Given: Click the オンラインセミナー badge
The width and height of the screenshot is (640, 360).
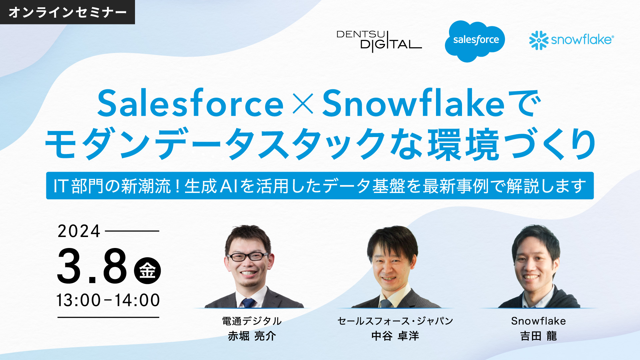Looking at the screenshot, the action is (67, 12).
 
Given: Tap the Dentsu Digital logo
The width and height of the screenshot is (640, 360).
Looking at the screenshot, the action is (379, 41).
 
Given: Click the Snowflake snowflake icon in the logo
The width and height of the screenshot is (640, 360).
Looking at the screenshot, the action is (539, 40).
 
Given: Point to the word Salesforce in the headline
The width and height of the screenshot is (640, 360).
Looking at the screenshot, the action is (190, 104).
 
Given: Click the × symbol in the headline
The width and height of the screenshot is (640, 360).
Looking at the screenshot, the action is (303, 104).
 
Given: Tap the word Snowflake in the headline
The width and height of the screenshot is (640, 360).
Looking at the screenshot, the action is (413, 103).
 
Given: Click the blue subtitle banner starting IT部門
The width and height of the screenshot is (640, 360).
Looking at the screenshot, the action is (320, 186).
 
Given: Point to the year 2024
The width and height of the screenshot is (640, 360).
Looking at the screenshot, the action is (79, 231).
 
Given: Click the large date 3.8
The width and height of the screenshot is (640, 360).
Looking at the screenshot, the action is (92, 266).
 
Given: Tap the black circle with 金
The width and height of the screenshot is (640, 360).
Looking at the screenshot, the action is (147, 270).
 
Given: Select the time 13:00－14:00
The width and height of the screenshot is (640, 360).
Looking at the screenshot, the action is (108, 300).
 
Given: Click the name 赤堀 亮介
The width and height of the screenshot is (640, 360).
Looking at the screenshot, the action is (252, 336).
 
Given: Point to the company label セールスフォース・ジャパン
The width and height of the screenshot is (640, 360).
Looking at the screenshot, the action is (395, 321).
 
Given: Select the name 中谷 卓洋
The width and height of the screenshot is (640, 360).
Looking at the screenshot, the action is (395, 336).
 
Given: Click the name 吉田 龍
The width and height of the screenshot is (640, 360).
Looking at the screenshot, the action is (539, 336).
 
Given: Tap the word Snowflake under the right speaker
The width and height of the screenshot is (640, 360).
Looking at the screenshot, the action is (539, 321).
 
